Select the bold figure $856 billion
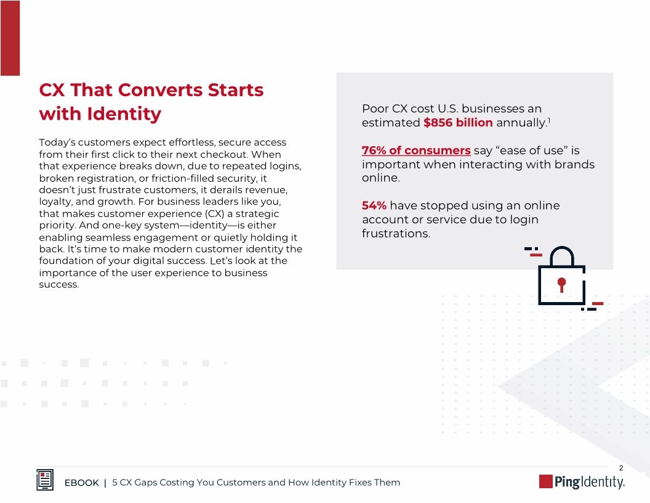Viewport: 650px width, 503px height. click(x=458, y=123)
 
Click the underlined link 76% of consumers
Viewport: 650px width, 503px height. click(x=416, y=151)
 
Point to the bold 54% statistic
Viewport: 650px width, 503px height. click(x=374, y=206)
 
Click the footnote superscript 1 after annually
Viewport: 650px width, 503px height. click(x=548, y=120)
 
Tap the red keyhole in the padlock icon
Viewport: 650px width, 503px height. click(x=561, y=284)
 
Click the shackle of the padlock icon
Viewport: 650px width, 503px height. click(x=561, y=256)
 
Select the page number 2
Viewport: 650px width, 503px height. click(x=621, y=468)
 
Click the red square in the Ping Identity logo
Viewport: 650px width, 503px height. click(x=545, y=481)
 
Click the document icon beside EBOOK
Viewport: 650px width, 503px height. click(x=45, y=481)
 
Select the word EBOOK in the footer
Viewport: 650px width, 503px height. click(x=82, y=483)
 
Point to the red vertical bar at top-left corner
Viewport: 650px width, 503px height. click(x=10, y=38)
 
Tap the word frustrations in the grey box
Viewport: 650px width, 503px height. click(x=396, y=234)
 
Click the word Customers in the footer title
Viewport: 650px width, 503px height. click(x=241, y=483)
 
